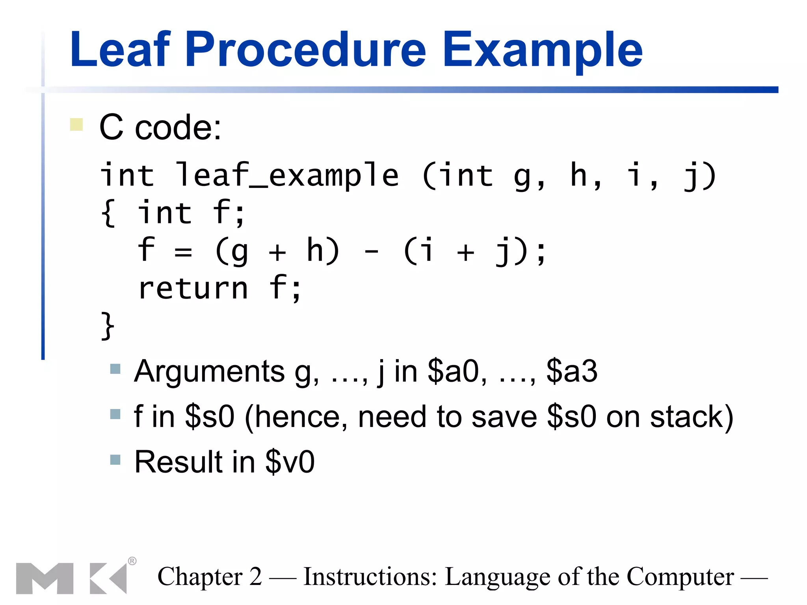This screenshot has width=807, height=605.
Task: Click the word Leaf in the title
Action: [x=121, y=50]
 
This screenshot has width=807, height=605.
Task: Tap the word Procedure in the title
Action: [x=305, y=50]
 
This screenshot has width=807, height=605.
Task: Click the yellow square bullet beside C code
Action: [x=76, y=124]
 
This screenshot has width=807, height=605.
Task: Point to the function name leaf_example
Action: [x=287, y=175]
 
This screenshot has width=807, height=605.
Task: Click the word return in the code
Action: [x=193, y=289]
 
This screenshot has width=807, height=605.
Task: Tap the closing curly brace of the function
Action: [x=107, y=326]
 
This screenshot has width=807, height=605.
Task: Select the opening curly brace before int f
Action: [x=108, y=213]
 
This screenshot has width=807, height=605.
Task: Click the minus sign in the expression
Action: [x=372, y=251]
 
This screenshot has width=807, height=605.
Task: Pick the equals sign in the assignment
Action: [x=183, y=251]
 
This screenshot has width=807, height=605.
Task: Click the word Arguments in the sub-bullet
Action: [x=209, y=371]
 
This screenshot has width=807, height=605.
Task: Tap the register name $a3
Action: [x=572, y=371]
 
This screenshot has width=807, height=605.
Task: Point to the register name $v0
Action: [x=290, y=462]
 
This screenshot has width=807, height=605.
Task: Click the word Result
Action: [x=179, y=462]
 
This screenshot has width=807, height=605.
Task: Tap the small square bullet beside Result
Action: [x=115, y=459]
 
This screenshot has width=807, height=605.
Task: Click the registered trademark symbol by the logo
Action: [x=132, y=561]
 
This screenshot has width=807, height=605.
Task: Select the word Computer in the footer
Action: [x=680, y=577]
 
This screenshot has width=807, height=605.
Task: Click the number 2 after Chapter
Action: [x=255, y=577]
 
